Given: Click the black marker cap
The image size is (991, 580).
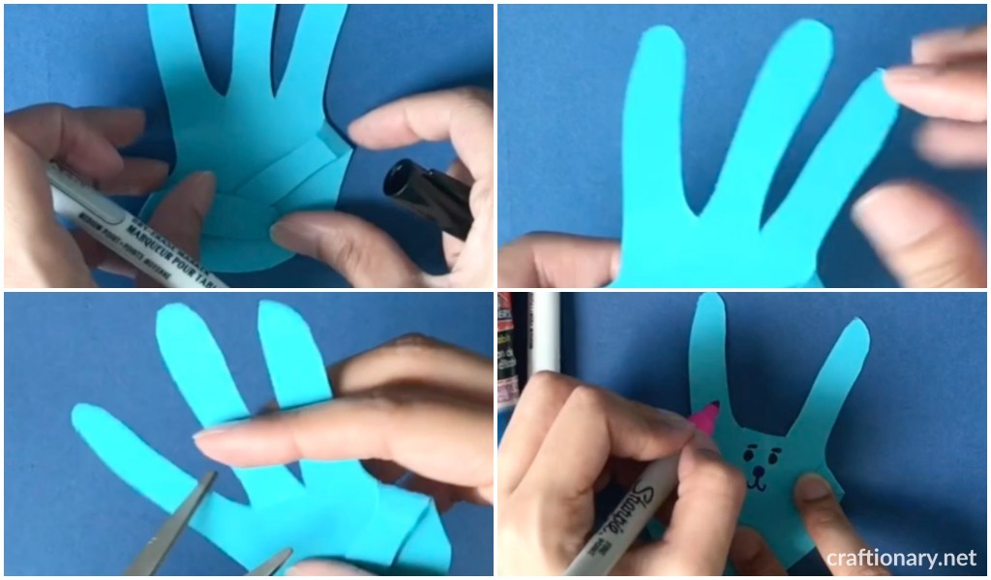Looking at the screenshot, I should (427, 197).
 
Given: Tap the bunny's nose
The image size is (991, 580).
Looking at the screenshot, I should (759, 461).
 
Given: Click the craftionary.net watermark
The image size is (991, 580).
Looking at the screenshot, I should (902, 558).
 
